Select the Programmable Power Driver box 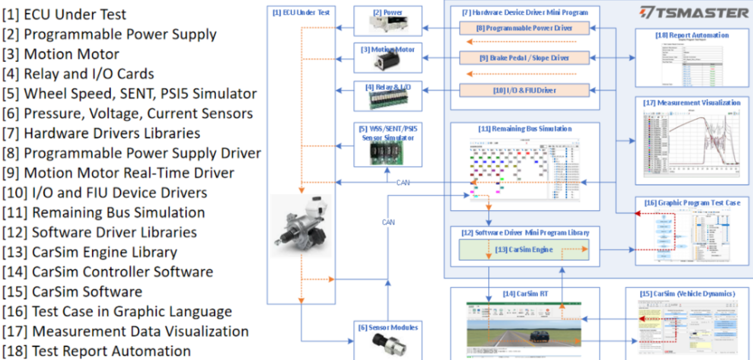tap(524, 27)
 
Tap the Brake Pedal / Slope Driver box tap(524, 58)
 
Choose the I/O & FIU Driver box tap(524, 90)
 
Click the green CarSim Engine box tap(524, 250)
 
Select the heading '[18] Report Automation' tap(692, 35)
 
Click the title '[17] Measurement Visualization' tap(692, 103)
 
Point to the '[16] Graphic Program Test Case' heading tap(692, 203)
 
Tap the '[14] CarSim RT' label tap(515, 293)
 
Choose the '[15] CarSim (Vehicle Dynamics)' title tap(687, 293)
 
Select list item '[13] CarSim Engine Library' tap(89, 252)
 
